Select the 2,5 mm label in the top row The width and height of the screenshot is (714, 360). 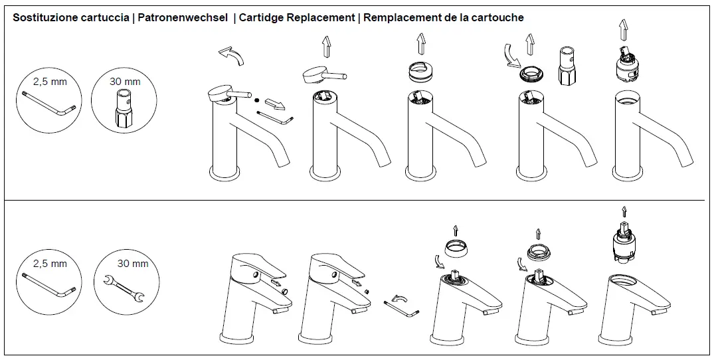click(50, 82)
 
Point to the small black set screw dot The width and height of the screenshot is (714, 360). click(256, 100)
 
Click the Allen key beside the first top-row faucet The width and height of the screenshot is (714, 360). click(274, 118)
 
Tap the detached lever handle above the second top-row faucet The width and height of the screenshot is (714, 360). click(324, 75)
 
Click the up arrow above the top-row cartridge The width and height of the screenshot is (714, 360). click(622, 30)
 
